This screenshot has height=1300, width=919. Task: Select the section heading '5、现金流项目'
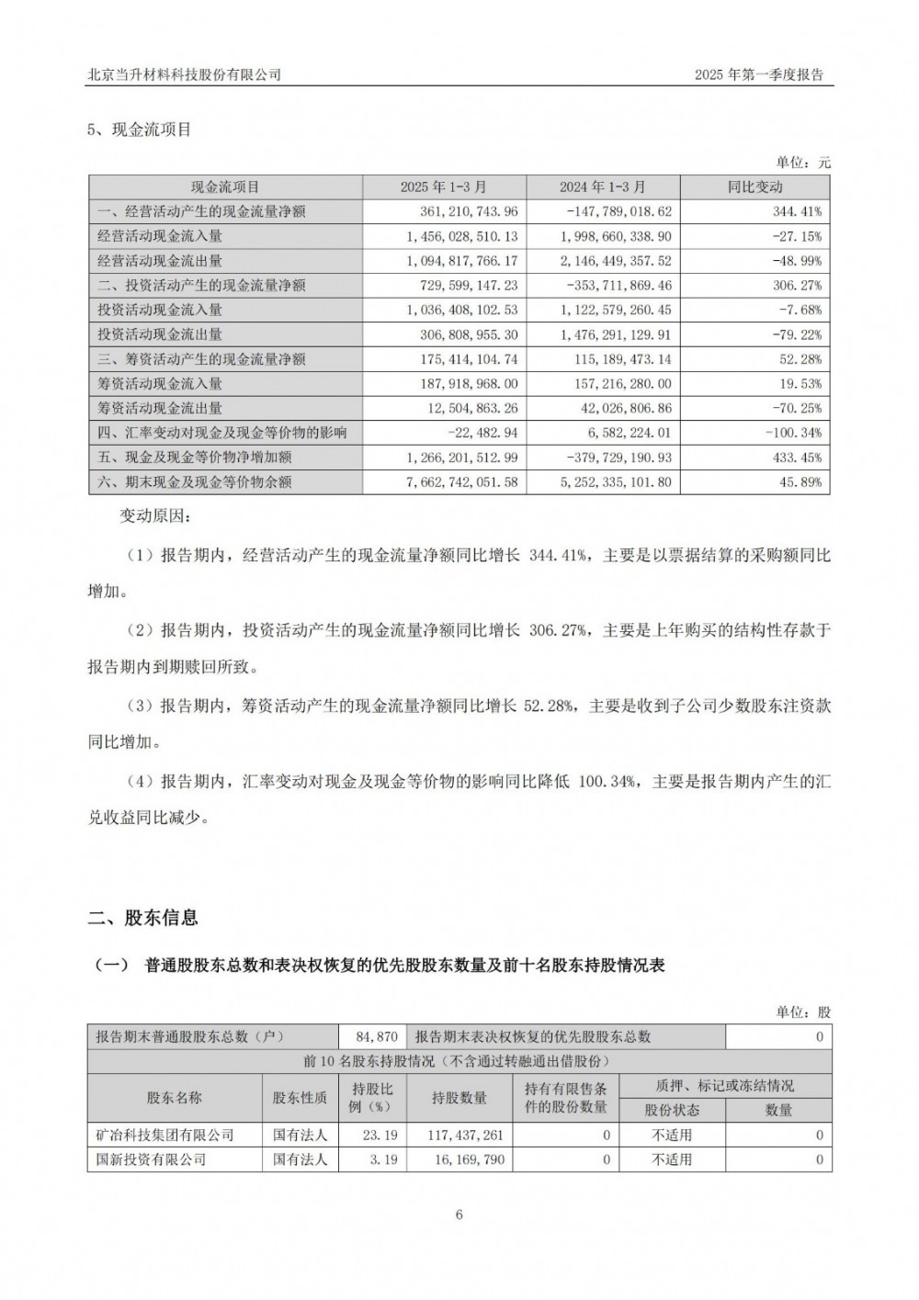(140, 130)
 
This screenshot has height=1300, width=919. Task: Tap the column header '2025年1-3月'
(443, 187)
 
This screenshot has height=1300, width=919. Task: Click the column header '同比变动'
(754, 187)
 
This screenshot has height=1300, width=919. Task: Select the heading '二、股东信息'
(142, 917)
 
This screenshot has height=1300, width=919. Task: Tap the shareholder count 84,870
(377, 1036)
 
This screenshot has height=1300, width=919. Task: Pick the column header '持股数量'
(459, 1098)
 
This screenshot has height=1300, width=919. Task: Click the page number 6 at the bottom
(459, 1215)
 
